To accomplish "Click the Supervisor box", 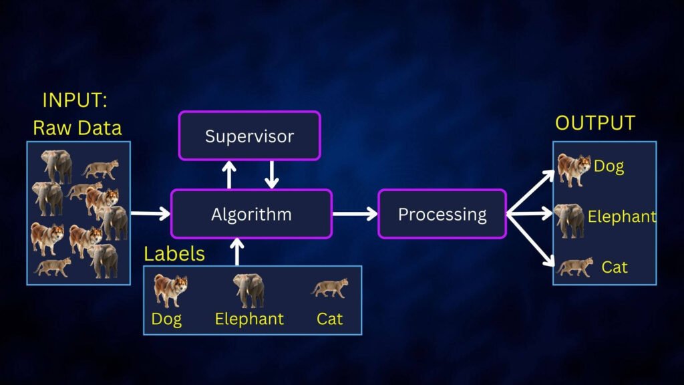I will (249, 136).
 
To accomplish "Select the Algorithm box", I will (251, 214).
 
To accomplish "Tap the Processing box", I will (442, 214).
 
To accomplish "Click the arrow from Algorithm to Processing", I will (355, 214).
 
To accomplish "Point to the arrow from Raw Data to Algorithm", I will (150, 214).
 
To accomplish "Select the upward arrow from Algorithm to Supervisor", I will (229, 174).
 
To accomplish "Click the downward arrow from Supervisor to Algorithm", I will (271, 174).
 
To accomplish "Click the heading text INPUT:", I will (75, 100).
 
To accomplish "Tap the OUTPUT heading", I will (595, 124).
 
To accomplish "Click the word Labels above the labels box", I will (174, 254).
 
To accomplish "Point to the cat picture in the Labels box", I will (329, 289).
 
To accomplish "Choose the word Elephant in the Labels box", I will (249, 319).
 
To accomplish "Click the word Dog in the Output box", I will (609, 166).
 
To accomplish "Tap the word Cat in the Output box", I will (615, 267).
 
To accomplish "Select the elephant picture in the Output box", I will (569, 220).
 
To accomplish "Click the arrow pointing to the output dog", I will (532, 192).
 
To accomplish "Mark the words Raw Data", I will (77, 128).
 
